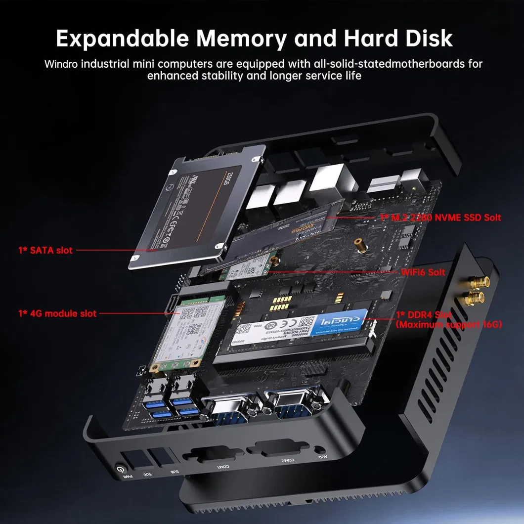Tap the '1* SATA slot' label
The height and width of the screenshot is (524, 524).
[x=45, y=250]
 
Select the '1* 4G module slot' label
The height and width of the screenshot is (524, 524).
[x=57, y=313]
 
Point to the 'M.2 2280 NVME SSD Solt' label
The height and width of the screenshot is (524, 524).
[x=440, y=218]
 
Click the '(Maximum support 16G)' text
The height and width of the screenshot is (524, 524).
[x=449, y=324]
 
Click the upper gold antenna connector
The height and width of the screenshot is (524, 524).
[x=480, y=282]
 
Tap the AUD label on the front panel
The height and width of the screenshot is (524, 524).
[x=322, y=451]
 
